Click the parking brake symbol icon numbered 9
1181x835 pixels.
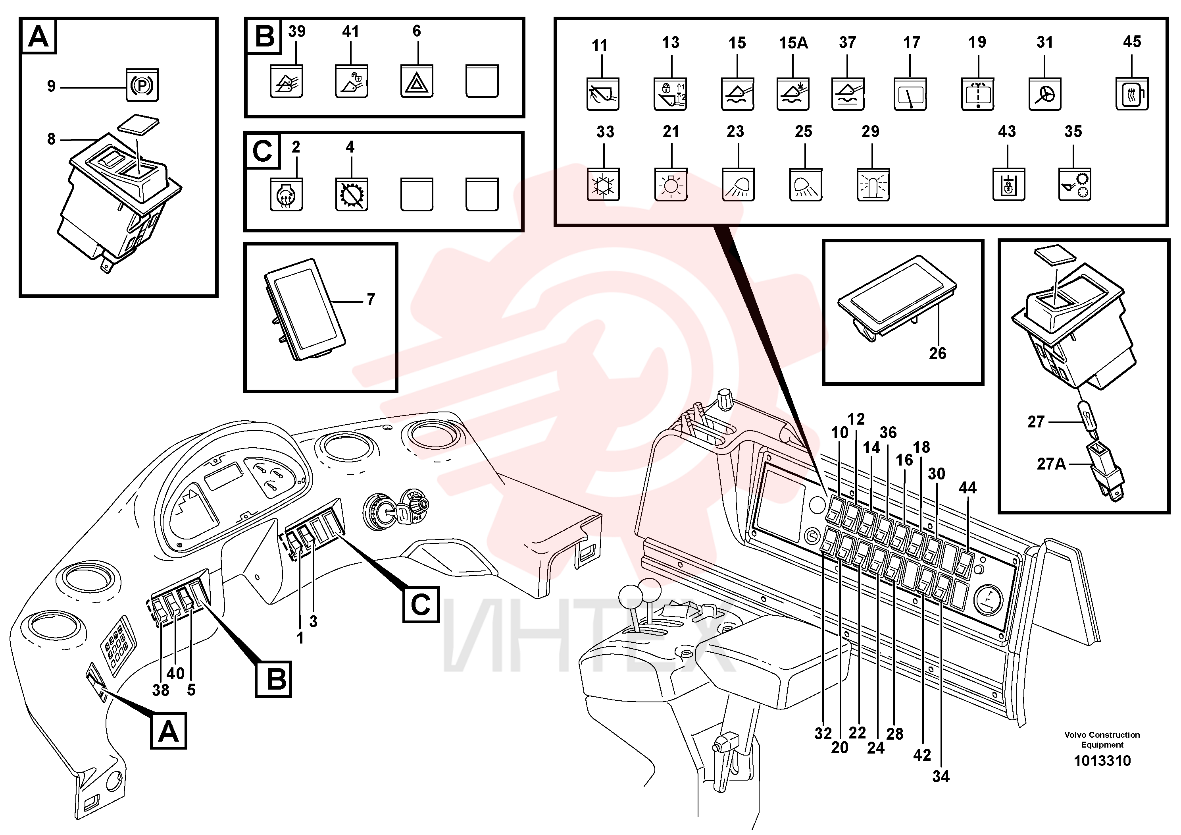coord(142,85)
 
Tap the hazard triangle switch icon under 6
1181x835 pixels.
coord(417,81)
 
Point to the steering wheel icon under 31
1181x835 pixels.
coord(1045,94)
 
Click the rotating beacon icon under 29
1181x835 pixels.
coord(873,184)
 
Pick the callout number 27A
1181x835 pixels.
coord(1051,464)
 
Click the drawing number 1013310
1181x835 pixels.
coord(1102,761)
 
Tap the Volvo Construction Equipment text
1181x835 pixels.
coord(1102,740)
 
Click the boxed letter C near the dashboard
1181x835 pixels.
coord(421,604)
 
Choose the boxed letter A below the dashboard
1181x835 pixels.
coord(169,731)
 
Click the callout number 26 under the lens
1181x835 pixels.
coord(937,353)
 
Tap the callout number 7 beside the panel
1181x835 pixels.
coord(371,299)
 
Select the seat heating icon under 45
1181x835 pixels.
coord(1132,94)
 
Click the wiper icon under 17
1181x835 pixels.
coord(910,94)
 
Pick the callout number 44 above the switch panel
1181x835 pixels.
coord(967,487)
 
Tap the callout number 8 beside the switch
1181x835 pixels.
coord(51,139)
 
